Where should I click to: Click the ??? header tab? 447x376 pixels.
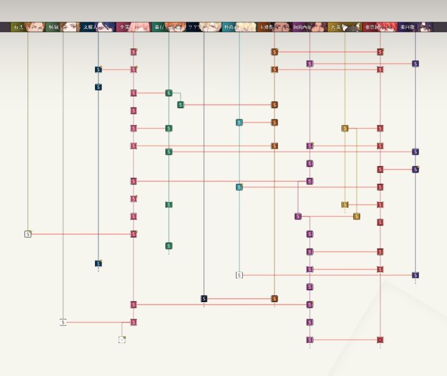pyautogui.click(x=193, y=27)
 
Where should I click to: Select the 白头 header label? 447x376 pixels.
pyautogui.click(x=18, y=27)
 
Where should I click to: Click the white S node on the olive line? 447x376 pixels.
pyautogui.click(x=28, y=234)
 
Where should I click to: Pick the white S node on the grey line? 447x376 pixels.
pyautogui.click(x=63, y=323)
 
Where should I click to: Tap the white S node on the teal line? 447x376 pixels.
pyautogui.click(x=239, y=275)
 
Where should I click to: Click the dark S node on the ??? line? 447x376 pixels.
pyautogui.click(x=204, y=299)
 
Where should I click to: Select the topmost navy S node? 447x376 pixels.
pyautogui.click(x=98, y=70)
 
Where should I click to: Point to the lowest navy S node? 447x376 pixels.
pyautogui.click(x=98, y=264)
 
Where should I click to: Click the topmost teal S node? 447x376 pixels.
pyautogui.click(x=239, y=122)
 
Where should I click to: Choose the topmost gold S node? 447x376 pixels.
pyautogui.click(x=345, y=129)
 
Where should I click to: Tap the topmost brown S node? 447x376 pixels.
pyautogui.click(x=274, y=52)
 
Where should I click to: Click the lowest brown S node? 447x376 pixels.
pyautogui.click(x=274, y=299)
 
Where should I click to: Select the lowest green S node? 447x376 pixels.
pyautogui.click(x=169, y=246)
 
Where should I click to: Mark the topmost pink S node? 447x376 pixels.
pyautogui.click(x=133, y=52)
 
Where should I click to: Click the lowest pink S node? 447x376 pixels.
pyautogui.click(x=133, y=323)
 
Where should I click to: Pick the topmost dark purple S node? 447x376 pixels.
pyautogui.click(x=415, y=63)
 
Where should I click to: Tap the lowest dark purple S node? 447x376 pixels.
pyautogui.click(x=415, y=275)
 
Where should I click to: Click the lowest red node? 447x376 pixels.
pyautogui.click(x=380, y=340)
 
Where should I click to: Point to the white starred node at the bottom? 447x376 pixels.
pyautogui.click(x=122, y=340)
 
